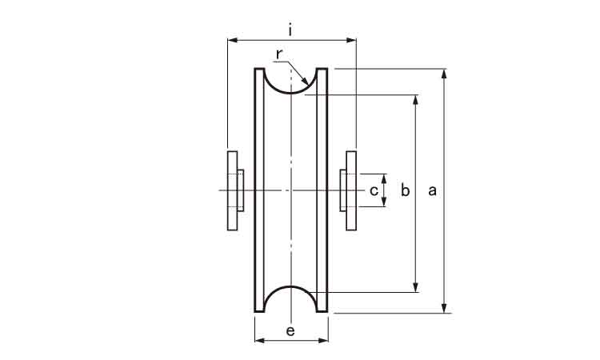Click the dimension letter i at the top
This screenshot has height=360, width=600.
tap(291, 30)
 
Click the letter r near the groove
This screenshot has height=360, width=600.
tap(279, 54)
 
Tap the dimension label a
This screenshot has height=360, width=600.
tap(432, 190)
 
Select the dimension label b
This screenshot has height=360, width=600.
tap(406, 190)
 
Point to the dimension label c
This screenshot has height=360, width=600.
tap(374, 190)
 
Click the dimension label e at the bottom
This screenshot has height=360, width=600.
tap(290, 331)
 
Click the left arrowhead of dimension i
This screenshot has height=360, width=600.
tap(233, 40)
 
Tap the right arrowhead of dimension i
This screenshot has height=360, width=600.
tap(352, 40)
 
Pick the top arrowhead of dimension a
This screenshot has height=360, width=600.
tap(444, 74)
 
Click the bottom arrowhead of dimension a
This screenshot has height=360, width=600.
tap(444, 308)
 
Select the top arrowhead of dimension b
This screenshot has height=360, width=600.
tap(416, 100)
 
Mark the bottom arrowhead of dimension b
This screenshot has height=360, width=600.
tap(416, 287)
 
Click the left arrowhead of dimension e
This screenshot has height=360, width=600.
tap(260, 341)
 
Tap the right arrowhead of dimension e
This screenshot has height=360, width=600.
tap(323, 341)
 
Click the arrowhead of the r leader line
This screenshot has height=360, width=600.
tap(305, 81)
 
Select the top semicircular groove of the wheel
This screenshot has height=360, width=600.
tap(291, 93)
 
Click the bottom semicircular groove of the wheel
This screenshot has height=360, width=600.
tap(291, 286)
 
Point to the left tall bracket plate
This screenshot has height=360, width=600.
tap(232, 190)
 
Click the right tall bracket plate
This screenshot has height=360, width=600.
tap(351, 190)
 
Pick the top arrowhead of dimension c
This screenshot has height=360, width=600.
tap(384, 178)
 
